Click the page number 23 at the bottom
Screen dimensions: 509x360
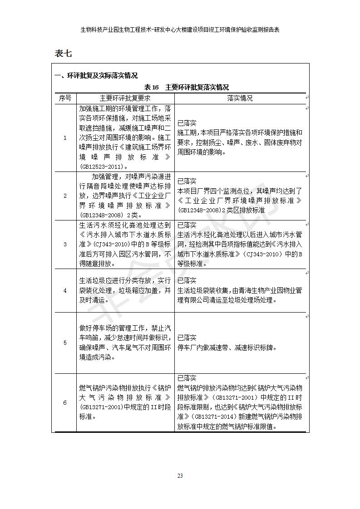tap(180, 475)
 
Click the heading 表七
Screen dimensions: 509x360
tap(63, 54)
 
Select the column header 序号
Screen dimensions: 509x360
tap(65, 98)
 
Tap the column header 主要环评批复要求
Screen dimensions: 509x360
tap(125, 98)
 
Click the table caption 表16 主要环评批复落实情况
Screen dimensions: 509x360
tap(186, 87)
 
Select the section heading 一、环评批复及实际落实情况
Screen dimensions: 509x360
tap(96, 75)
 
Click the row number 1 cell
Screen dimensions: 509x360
tap(65, 137)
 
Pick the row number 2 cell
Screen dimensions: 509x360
tap(65, 196)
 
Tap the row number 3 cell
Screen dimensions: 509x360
tap(65, 244)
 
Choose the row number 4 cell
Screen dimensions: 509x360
tap(65, 290)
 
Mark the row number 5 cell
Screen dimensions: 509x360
tap(65, 343)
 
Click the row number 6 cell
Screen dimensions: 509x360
tap(65, 402)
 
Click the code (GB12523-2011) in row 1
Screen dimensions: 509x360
tap(101, 166)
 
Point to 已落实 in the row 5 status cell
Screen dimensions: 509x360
tap(187, 338)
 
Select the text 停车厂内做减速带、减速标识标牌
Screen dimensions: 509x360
tap(227, 348)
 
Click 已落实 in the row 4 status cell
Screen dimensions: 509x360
tap(187, 280)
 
